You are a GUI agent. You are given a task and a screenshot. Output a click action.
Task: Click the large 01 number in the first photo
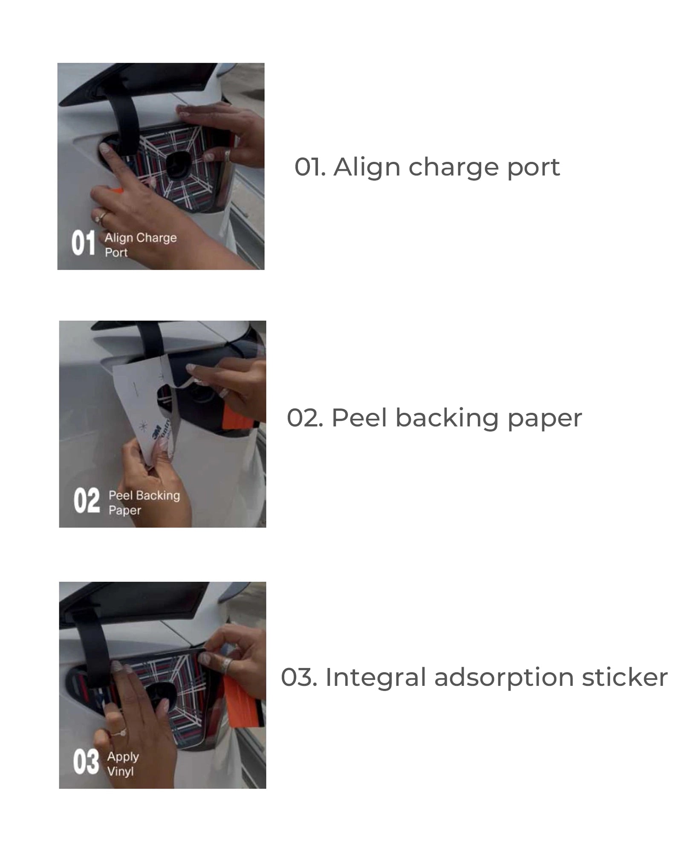coord(83,243)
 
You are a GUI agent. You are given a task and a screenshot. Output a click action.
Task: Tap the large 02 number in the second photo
coord(87,501)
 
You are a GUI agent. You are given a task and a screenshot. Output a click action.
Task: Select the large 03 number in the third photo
coord(86,762)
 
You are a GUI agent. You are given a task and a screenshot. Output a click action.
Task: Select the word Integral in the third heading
coord(376,677)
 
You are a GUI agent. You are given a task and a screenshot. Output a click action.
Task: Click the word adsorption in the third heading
coord(503,678)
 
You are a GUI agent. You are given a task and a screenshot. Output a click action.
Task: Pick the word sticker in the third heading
coord(625,677)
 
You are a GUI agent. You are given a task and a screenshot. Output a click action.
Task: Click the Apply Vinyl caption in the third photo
coord(123,764)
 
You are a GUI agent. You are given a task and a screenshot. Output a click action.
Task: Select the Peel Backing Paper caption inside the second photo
coord(144,503)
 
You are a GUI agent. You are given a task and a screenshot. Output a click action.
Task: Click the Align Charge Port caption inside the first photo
coord(141,245)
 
